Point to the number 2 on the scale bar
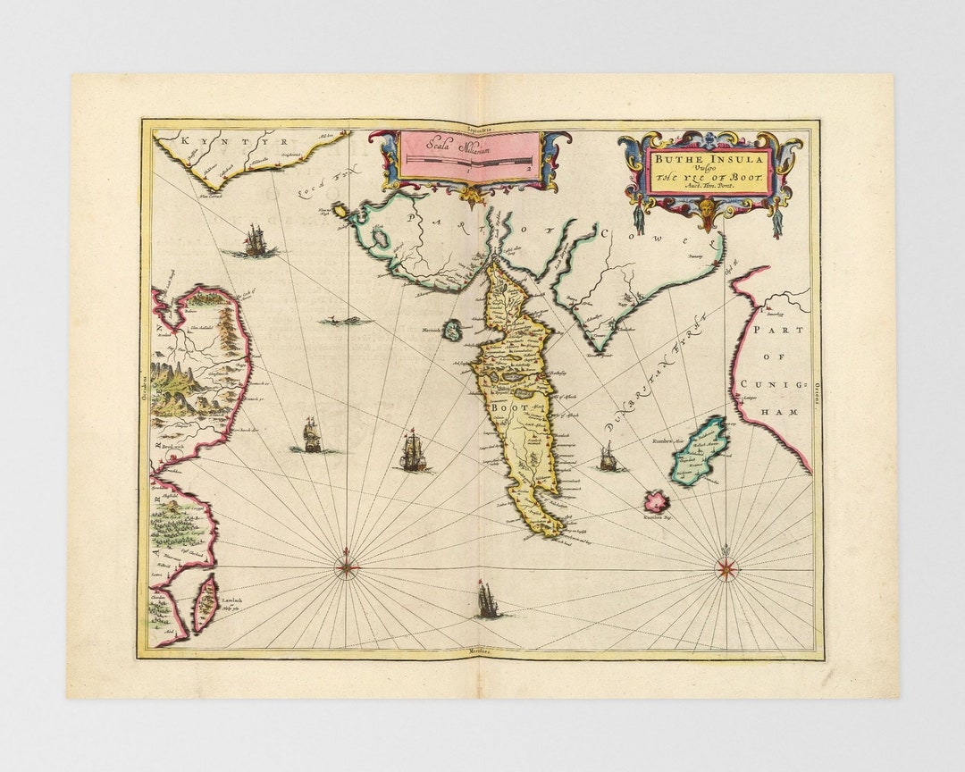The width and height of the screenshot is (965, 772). pos(528,167)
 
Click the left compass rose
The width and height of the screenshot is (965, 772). pos(348,565)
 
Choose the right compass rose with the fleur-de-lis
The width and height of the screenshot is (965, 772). pos(726,565)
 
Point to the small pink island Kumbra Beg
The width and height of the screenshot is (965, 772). pos(658,499)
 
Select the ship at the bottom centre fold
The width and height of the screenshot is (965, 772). pos(487,600)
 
